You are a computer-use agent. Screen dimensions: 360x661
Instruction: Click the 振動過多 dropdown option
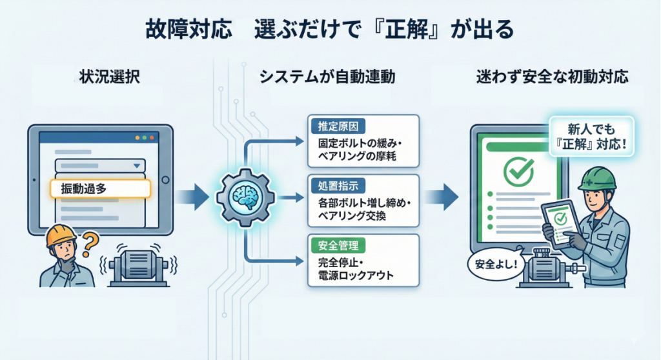coord(100,188)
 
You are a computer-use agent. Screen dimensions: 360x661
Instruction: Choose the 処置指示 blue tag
coord(334,185)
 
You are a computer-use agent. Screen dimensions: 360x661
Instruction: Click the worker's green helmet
coord(596,177)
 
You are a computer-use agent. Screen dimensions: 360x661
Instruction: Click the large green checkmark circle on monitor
coord(516,169)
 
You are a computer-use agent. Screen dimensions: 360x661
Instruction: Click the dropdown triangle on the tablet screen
coord(136,166)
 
